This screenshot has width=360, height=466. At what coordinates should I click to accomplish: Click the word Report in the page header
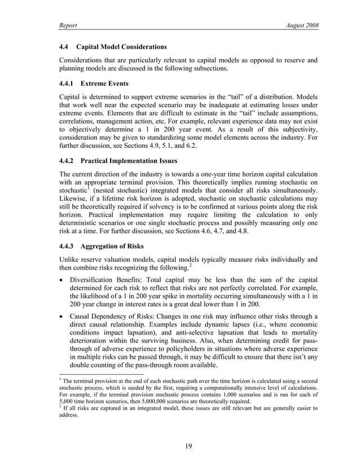coord(68,26)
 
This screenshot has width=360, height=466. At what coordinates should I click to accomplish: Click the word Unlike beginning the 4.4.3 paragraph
coord(70,260)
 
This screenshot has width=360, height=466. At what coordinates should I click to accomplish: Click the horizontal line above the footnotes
coord(102,375)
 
